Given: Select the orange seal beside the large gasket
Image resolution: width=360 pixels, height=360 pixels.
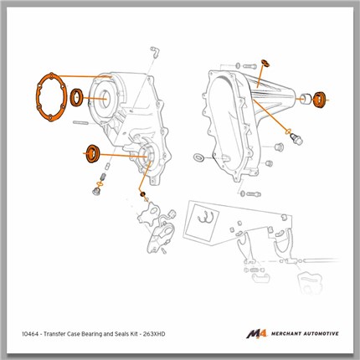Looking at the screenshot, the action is tap(76, 97).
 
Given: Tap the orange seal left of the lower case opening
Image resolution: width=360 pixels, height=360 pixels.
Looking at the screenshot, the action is tap(93, 153).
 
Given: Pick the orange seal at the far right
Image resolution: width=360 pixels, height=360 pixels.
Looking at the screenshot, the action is tap(319, 99).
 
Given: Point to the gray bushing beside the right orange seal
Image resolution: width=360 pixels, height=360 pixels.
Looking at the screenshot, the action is tap(306, 99).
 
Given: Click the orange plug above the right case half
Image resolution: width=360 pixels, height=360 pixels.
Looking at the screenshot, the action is tap(265, 63).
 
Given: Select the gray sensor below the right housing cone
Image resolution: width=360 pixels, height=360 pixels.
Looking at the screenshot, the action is tap(296, 138).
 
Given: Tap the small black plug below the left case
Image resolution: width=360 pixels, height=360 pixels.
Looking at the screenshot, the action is tap(143, 194).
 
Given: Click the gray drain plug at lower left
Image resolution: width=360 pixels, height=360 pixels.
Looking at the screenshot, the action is tap(96, 192).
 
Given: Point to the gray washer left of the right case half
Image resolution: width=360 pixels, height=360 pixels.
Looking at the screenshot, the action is tap(198, 157).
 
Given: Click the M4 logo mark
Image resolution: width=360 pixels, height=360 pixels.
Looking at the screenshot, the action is tap(257, 333).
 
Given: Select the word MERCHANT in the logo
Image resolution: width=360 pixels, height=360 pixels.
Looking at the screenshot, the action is tap(286, 333).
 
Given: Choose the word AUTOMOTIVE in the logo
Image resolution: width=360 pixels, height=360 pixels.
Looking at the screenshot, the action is tap(321, 333).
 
